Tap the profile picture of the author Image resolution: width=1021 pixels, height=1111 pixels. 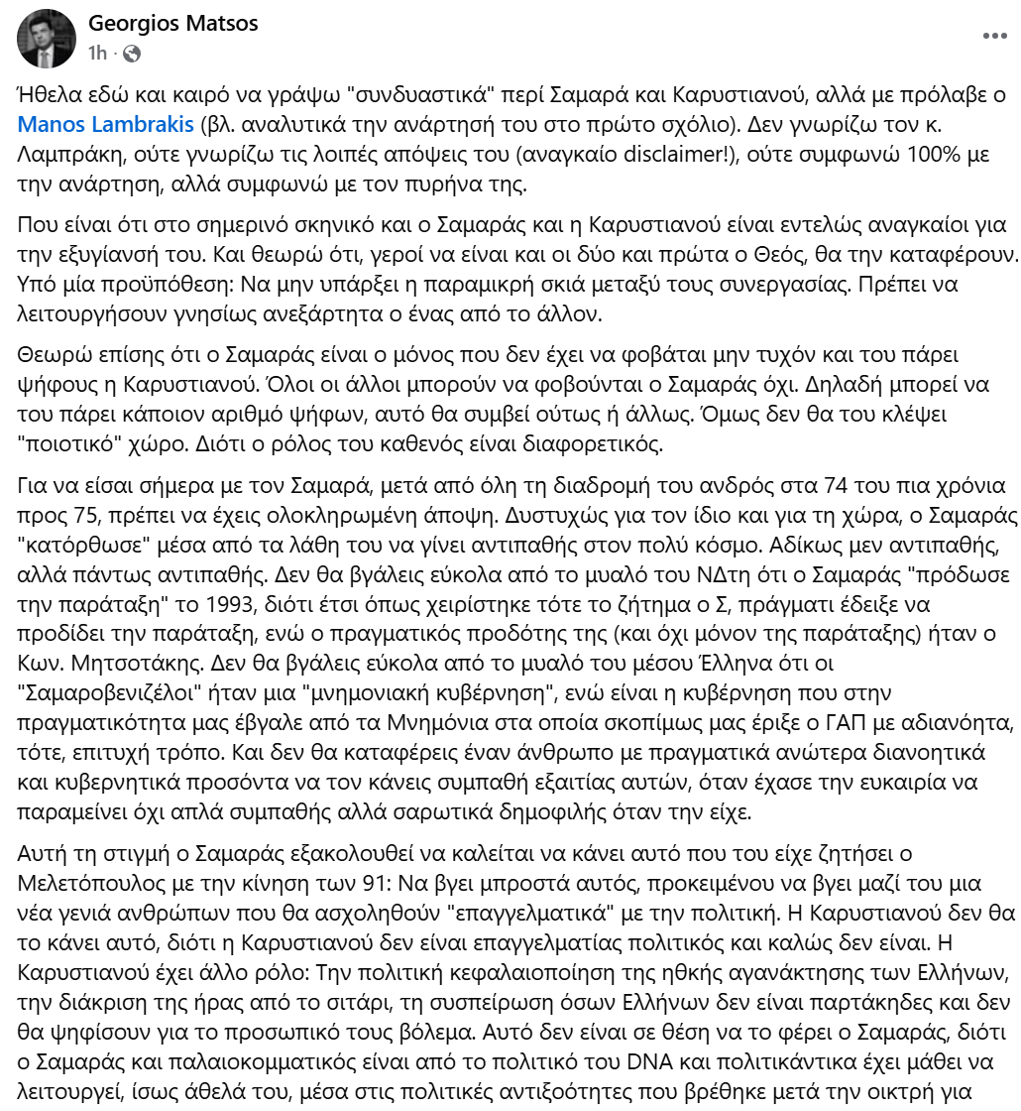tap(47, 39)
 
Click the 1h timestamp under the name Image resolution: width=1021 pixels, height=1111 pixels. tap(97, 53)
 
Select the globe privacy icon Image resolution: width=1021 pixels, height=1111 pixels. tap(132, 53)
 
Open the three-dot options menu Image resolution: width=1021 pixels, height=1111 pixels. tap(994, 36)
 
